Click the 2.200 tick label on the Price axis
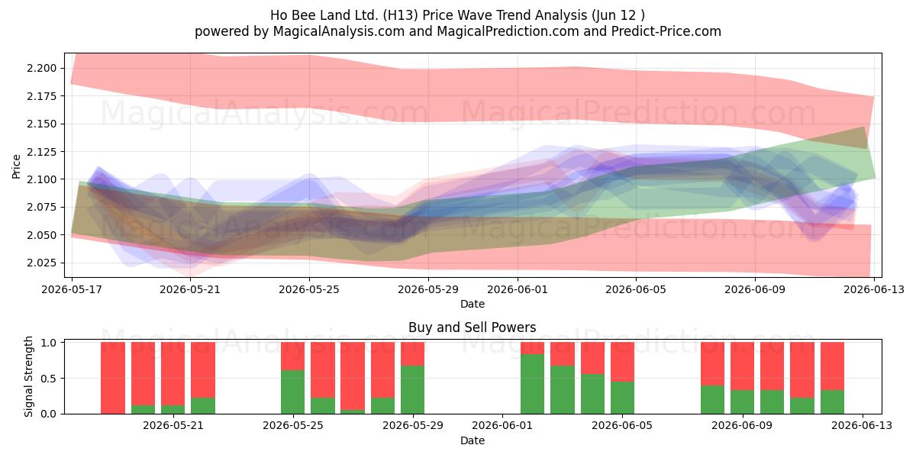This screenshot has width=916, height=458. (x=42, y=68)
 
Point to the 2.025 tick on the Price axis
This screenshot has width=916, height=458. (x=42, y=263)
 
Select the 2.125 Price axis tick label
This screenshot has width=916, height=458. (x=42, y=152)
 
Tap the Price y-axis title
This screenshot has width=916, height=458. (x=16, y=166)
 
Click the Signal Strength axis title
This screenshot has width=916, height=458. (x=28, y=376)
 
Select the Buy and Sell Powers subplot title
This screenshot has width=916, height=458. (x=472, y=327)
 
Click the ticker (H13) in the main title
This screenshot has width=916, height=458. (x=401, y=15)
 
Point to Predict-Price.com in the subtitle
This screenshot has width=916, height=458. (x=666, y=31)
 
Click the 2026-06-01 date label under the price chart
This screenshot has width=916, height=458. (x=518, y=289)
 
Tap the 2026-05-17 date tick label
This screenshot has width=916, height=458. (x=72, y=289)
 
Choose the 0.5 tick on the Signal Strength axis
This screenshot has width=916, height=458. (x=49, y=379)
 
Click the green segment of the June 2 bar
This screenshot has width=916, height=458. (x=533, y=384)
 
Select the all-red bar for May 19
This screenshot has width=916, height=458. (x=113, y=378)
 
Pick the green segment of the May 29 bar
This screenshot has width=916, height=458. (x=413, y=390)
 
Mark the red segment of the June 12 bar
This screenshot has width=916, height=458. (x=832, y=366)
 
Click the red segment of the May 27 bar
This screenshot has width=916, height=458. (x=353, y=376)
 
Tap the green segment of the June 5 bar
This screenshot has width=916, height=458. (x=622, y=398)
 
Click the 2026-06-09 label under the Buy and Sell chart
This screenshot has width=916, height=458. (x=742, y=426)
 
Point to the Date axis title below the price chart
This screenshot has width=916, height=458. (x=473, y=304)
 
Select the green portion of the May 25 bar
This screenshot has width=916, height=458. (x=293, y=392)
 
